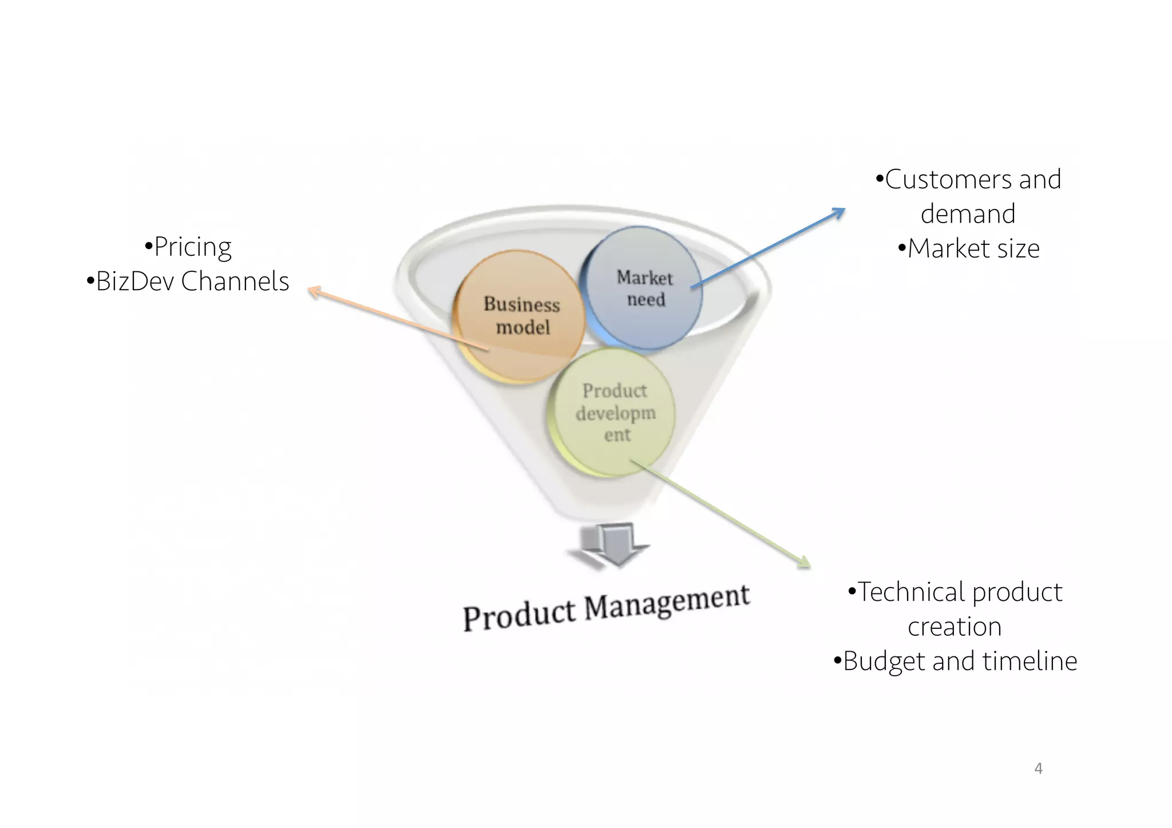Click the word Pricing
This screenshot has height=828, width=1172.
[193, 247]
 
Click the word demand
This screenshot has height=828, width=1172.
[968, 214]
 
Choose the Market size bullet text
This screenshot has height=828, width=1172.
[973, 248]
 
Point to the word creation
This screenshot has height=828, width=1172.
[955, 627]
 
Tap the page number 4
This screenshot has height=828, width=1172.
[1038, 768]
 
